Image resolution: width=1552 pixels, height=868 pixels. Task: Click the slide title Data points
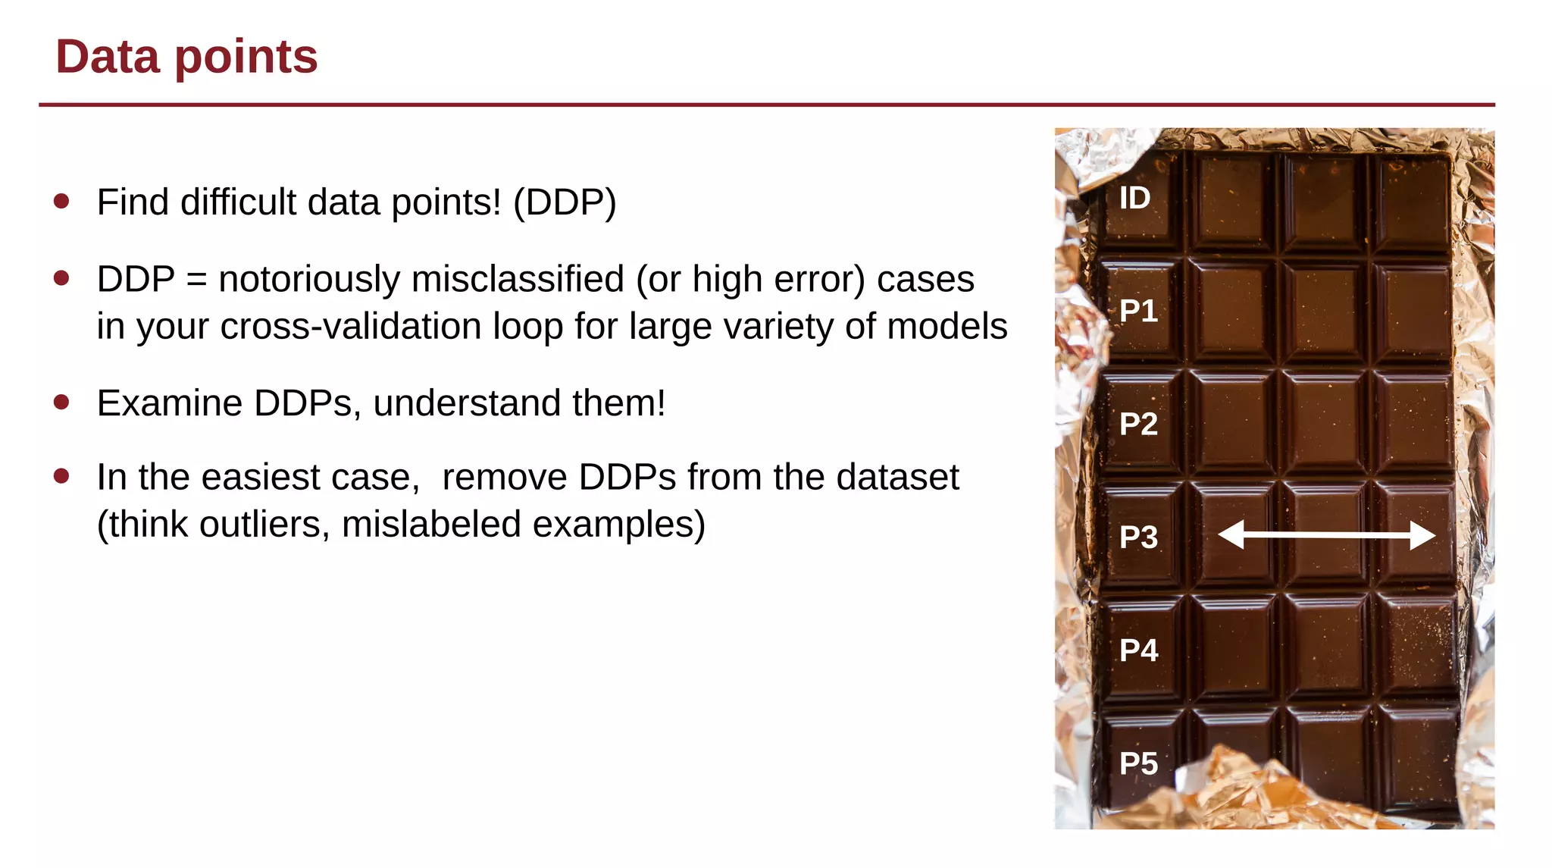pyautogui.click(x=186, y=57)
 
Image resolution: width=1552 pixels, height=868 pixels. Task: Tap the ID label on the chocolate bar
pyautogui.click(x=1134, y=199)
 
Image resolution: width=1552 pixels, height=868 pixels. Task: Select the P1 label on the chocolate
pyautogui.click(x=1138, y=311)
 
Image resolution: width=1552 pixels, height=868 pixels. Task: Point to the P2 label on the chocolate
pyautogui.click(x=1138, y=424)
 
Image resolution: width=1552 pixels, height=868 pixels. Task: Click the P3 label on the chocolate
pyautogui.click(x=1138, y=537)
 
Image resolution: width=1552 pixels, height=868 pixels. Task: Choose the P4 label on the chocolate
pyautogui.click(x=1138, y=650)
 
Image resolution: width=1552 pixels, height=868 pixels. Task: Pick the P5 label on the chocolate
pyautogui.click(x=1138, y=763)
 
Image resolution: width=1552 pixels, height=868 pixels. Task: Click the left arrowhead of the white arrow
pyautogui.click(x=1231, y=534)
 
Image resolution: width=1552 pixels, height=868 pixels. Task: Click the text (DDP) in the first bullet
pyautogui.click(x=565, y=202)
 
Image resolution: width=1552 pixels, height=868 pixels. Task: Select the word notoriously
pyautogui.click(x=308, y=279)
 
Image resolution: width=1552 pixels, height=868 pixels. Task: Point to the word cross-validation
pyautogui.click(x=352, y=327)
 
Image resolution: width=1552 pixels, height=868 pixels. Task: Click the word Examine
pyautogui.click(x=170, y=403)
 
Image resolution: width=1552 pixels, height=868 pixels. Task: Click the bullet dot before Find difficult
pyautogui.click(x=62, y=201)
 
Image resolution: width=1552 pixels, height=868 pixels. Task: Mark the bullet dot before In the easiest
pyautogui.click(x=62, y=476)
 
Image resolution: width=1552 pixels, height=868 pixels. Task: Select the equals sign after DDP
pyautogui.click(x=196, y=280)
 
